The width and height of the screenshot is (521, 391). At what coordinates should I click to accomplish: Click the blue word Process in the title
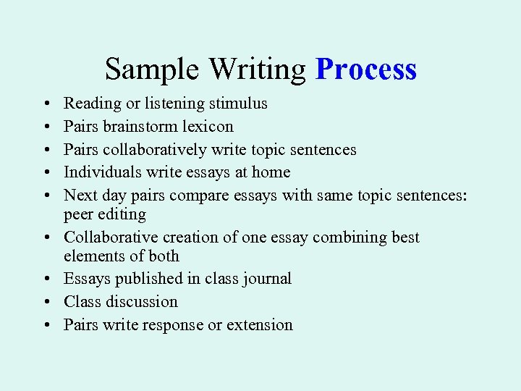[x=366, y=70]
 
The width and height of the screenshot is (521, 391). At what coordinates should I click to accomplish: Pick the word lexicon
[x=208, y=127]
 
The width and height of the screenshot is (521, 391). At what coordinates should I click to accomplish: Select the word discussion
[x=142, y=302]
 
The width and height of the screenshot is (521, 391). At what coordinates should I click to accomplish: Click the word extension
[x=260, y=325]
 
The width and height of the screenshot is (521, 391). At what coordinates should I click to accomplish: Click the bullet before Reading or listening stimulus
[x=46, y=104]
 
